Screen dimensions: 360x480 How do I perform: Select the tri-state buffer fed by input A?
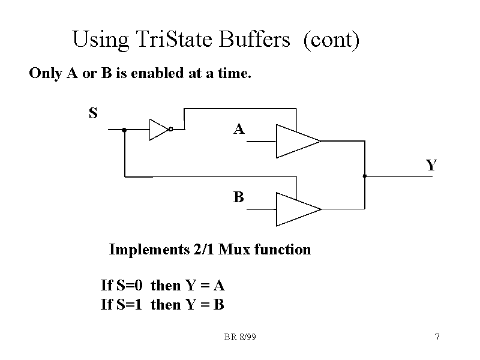coord(296,141)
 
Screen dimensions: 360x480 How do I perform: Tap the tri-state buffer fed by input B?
coord(296,209)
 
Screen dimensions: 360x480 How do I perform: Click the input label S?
coord(93,113)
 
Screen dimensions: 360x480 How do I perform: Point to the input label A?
coord(239,129)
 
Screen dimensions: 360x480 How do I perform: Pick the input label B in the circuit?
coord(239,197)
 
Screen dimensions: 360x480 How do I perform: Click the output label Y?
coord(431,165)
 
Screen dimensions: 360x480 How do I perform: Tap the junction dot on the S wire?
coord(124,129)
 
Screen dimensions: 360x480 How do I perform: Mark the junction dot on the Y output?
coord(364,176)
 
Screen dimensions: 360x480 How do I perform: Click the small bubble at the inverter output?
coord(171,129)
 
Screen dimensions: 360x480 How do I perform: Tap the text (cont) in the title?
coord(331,40)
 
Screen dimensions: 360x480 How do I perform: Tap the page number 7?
coord(437,337)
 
